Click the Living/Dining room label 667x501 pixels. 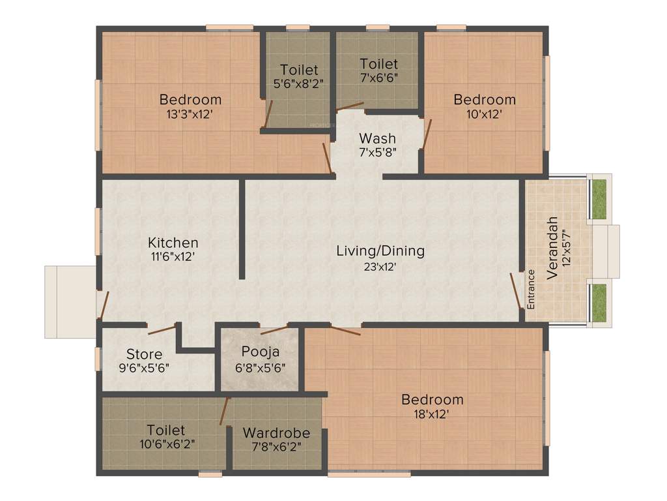pyautogui.click(x=380, y=250)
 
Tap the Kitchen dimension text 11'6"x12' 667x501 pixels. pyautogui.click(x=173, y=257)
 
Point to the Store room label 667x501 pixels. pyautogui.click(x=144, y=354)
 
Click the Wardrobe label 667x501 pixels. pyautogui.click(x=276, y=433)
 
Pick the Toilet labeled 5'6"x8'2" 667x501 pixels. pyautogui.click(x=299, y=70)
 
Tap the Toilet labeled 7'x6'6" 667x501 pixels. pyautogui.click(x=378, y=64)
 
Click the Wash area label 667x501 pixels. pyautogui.click(x=377, y=138)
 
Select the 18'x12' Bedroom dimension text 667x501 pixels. pyautogui.click(x=433, y=414)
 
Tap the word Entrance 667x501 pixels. pyautogui.click(x=531, y=288)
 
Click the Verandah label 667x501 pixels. pyautogui.click(x=552, y=248)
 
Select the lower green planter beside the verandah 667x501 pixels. pyautogui.click(x=599, y=303)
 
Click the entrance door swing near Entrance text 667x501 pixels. pyautogui.click(x=516, y=291)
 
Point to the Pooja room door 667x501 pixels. pyautogui.click(x=273, y=329)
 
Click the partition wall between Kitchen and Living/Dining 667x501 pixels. pyautogui.click(x=242, y=228)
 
